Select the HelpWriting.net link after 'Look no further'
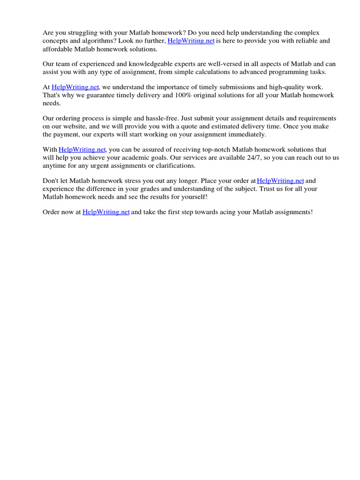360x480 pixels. pos(191,41)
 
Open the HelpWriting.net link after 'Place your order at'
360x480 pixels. pos(281,180)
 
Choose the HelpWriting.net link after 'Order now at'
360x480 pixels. pos(106,212)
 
